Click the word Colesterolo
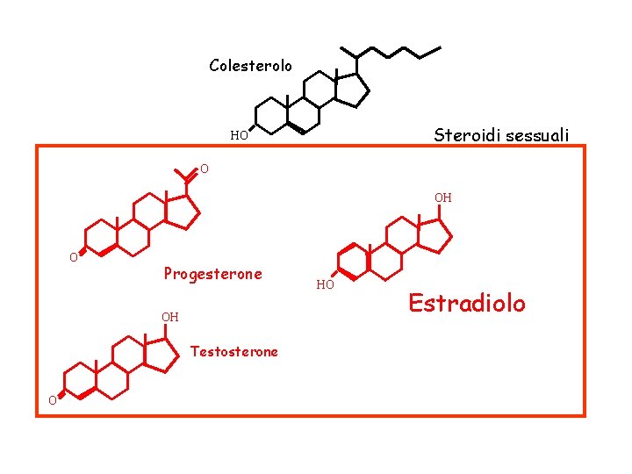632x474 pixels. [x=250, y=66]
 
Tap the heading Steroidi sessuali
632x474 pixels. [x=501, y=135]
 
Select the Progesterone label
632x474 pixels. [x=212, y=274]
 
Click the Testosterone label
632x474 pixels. [x=234, y=352]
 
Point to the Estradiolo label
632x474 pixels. [x=467, y=304]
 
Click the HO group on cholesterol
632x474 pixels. [x=239, y=136]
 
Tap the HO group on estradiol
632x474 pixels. [x=325, y=284]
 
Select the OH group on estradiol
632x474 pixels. [x=443, y=198]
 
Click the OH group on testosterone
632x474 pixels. [x=169, y=317]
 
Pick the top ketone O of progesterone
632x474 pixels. [x=204, y=169]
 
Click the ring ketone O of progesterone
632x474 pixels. [x=75, y=257]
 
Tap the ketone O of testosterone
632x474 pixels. [x=53, y=401]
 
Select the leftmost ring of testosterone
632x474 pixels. [x=81, y=379]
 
